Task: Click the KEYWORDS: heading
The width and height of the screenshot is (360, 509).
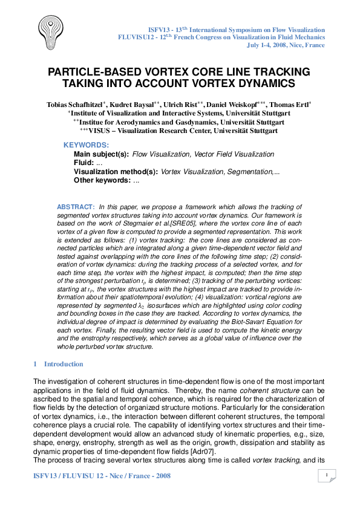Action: tap(86, 146)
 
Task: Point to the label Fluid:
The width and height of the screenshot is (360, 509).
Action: tap(83, 163)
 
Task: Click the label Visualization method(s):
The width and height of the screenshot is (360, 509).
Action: tap(116, 172)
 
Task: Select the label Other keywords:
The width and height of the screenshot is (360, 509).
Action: tap(102, 180)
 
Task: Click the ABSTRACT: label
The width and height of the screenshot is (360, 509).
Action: tap(75, 207)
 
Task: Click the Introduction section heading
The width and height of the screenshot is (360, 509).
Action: tap(63, 365)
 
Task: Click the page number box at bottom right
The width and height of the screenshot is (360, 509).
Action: tap(327, 476)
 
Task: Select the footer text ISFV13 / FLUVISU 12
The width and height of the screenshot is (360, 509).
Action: tap(68, 476)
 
